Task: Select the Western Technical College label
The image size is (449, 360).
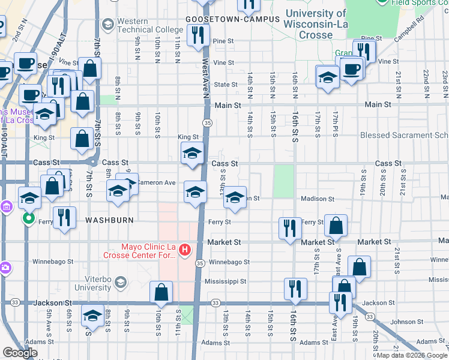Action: (149, 25)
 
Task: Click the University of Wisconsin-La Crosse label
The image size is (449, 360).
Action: (316, 24)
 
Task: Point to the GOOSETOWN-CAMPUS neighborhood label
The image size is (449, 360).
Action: (233, 19)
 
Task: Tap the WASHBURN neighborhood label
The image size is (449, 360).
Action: (109, 220)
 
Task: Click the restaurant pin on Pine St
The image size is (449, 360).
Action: (197, 35)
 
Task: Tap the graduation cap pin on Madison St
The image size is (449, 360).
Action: (235, 197)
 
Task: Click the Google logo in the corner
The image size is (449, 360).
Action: (20, 353)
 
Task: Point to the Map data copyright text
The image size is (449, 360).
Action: (412, 355)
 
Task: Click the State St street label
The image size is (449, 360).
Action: (226, 85)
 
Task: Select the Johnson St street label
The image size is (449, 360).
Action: (403, 322)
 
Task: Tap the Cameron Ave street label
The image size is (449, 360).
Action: (156, 182)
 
